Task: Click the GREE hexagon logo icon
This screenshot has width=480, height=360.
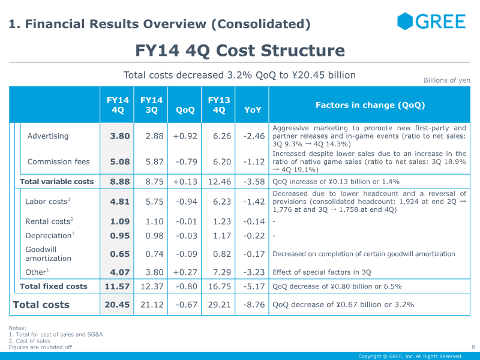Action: point(405,21)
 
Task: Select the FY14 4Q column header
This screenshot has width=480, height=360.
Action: point(118,105)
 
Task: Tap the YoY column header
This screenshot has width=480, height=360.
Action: point(253,110)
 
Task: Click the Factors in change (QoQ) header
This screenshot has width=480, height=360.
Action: point(370,105)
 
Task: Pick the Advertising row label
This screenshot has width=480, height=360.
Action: point(48,136)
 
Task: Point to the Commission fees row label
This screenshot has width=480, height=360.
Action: point(58,161)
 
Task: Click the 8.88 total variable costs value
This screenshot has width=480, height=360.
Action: point(119,182)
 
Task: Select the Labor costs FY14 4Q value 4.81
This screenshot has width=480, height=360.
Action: point(119,202)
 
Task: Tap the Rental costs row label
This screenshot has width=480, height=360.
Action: point(49,221)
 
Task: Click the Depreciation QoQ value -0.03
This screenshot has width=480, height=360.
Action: point(187,236)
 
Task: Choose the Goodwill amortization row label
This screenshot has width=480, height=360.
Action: point(49,254)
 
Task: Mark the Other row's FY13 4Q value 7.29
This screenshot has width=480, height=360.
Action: point(222,272)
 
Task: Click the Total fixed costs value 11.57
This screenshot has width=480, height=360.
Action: point(117,286)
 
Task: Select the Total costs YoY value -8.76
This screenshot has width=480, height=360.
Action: point(254,305)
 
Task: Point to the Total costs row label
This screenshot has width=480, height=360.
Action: point(41,305)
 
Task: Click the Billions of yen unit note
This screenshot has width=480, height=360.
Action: point(446,80)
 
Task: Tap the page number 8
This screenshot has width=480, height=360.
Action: point(473,347)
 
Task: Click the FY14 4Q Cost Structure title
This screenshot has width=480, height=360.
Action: point(240,50)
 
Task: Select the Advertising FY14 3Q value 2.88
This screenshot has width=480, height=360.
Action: point(154,136)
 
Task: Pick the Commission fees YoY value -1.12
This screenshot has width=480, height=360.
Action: point(254,161)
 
